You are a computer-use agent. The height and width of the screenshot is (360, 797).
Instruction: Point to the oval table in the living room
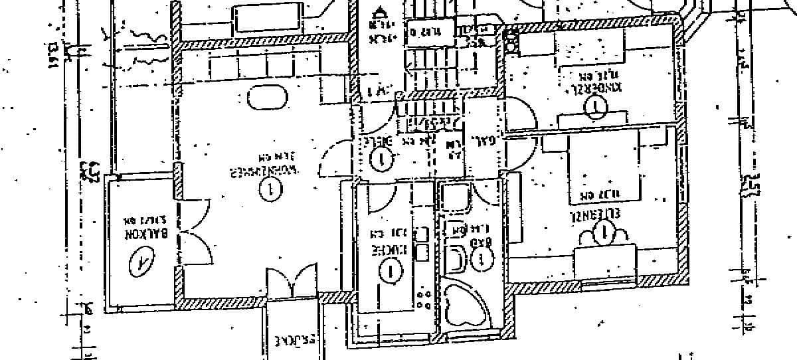(x=268, y=98)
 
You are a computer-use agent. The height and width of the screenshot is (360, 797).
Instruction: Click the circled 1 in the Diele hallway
(x=381, y=159)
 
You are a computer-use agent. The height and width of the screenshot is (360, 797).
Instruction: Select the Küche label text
(x=383, y=251)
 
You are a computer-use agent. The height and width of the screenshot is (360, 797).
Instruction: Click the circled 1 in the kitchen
(x=390, y=270)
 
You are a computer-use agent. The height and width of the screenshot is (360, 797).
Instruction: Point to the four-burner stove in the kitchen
(x=422, y=298)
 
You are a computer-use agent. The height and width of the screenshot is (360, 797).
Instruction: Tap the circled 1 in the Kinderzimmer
(x=598, y=104)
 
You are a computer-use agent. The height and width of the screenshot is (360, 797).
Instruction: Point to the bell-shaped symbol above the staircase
(x=380, y=11)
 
